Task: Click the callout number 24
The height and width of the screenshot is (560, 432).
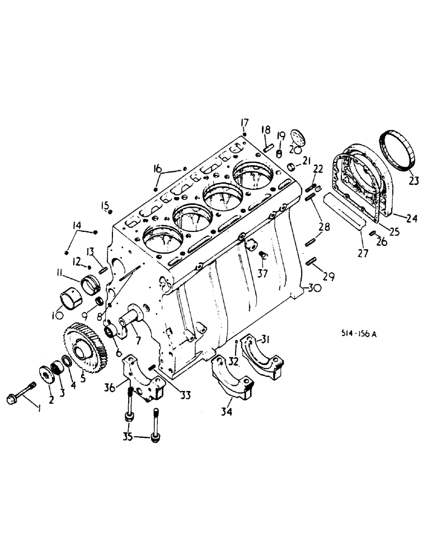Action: click(x=412, y=218)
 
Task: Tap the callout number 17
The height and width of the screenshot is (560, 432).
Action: click(x=244, y=122)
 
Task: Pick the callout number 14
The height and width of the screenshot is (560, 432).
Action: click(x=76, y=226)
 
